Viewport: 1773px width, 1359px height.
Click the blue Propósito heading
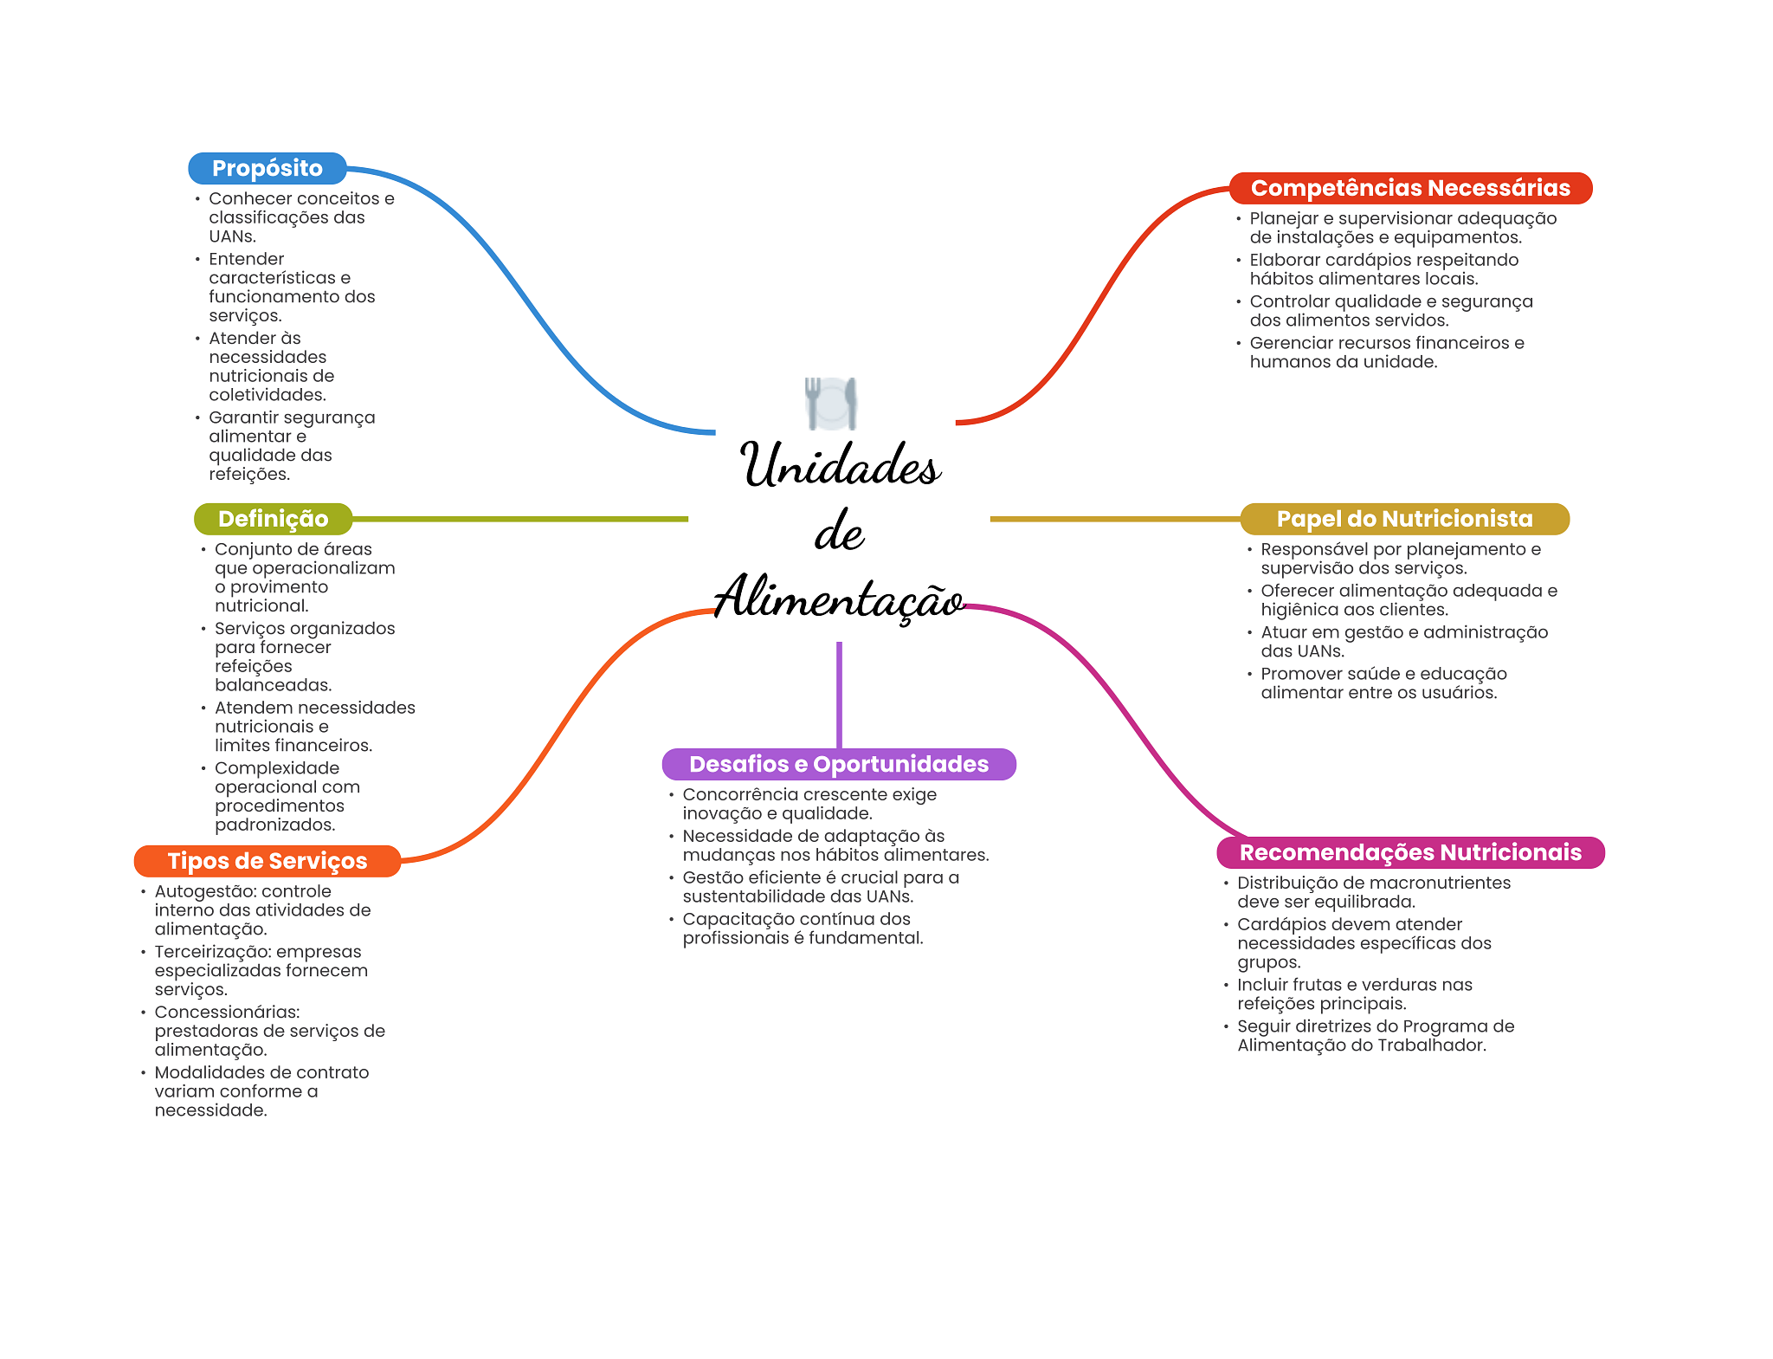tap(268, 168)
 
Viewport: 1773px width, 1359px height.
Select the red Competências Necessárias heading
tap(1410, 188)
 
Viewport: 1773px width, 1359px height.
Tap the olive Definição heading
tap(274, 519)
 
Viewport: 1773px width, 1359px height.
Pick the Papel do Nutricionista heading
tap(1405, 519)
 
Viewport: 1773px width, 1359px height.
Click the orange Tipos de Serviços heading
tap(268, 861)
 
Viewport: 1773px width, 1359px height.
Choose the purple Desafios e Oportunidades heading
tap(839, 764)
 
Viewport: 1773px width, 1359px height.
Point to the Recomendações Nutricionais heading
tap(1411, 852)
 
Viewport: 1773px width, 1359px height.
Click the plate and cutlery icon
tap(831, 404)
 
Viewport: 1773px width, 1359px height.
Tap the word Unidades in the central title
tap(841, 465)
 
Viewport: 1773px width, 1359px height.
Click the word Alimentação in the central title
tap(839, 598)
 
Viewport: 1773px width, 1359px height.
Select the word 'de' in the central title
tap(839, 532)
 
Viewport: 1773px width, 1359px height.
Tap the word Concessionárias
tap(228, 1012)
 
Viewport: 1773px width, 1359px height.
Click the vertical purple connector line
tap(839, 695)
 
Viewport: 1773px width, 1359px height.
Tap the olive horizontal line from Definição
tap(520, 519)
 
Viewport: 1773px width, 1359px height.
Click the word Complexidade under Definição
tap(277, 769)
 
